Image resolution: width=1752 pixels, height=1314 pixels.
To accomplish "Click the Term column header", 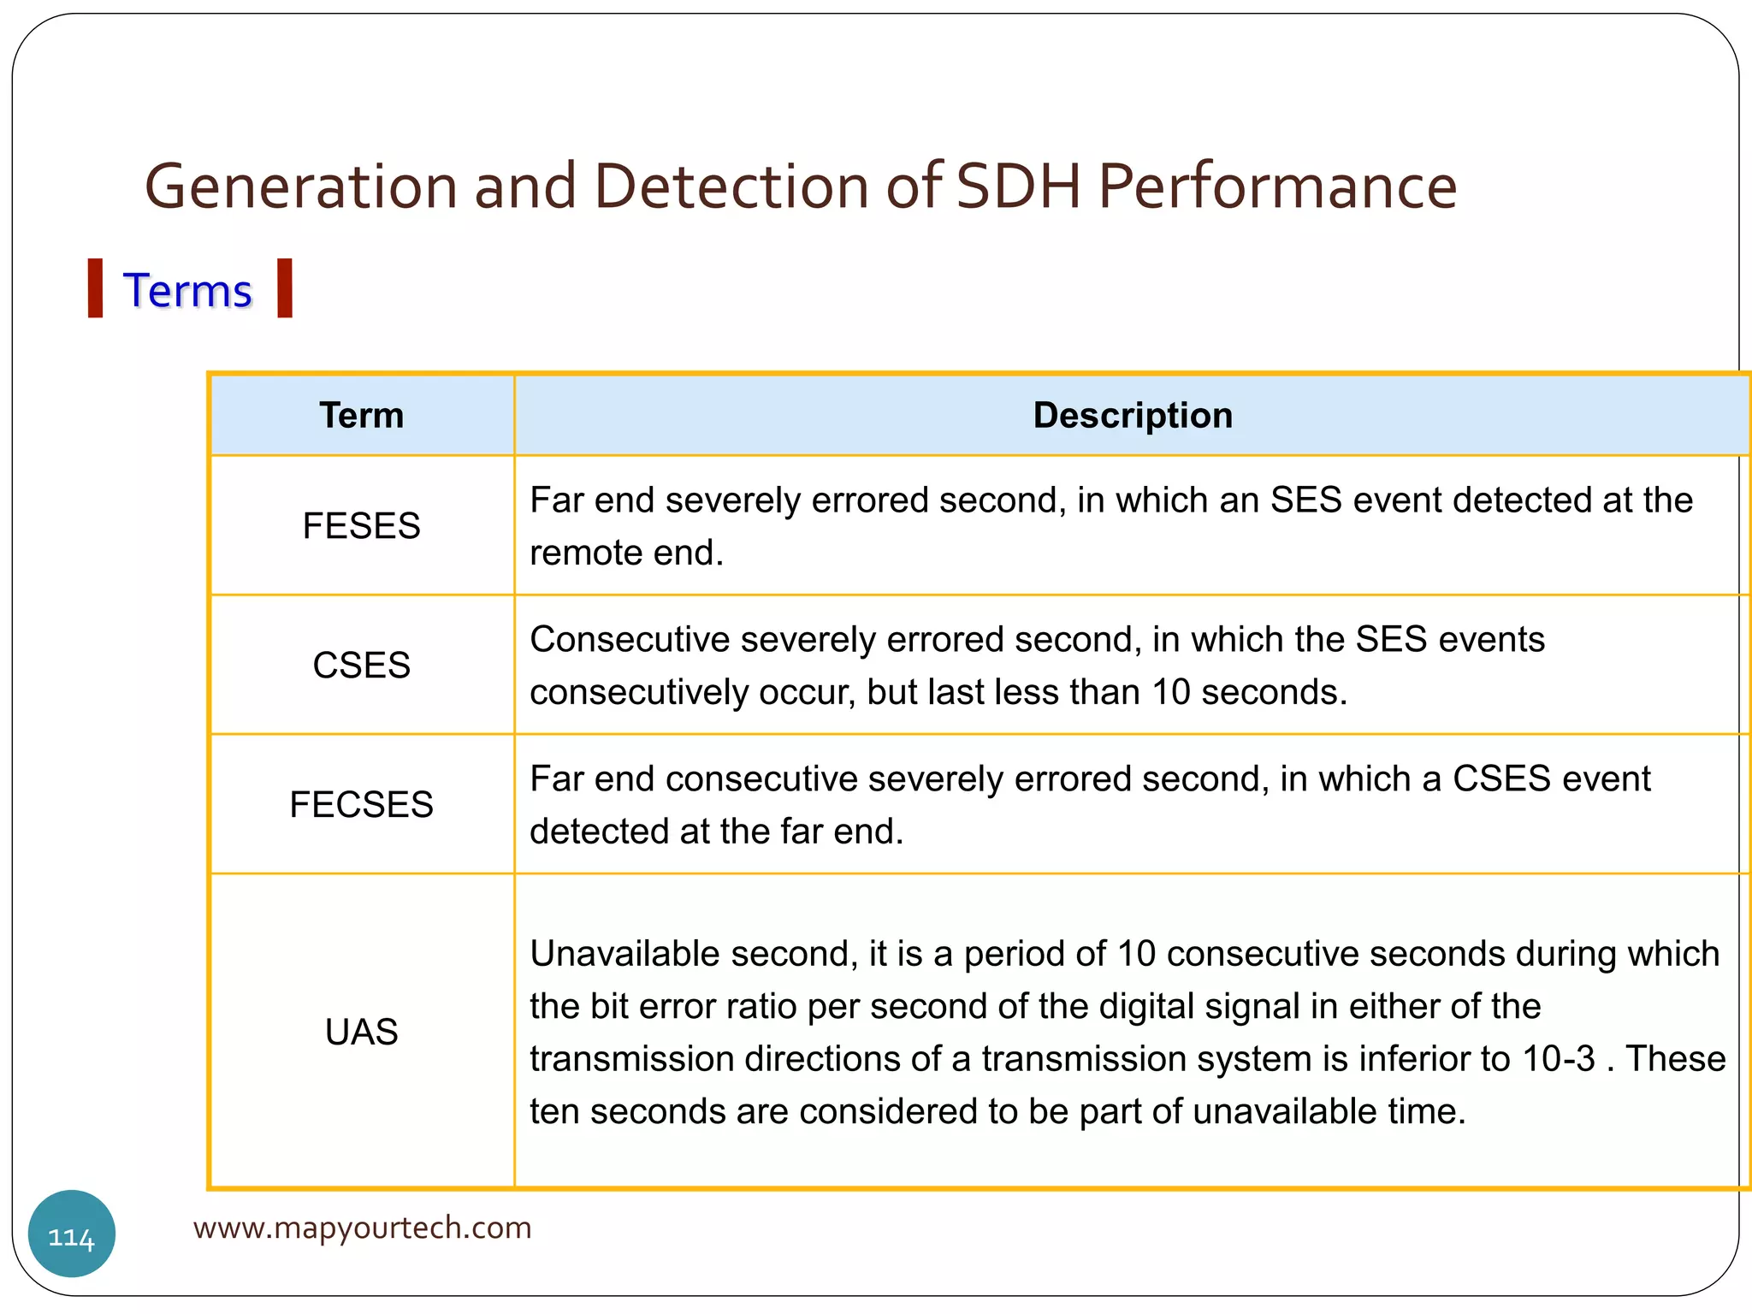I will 361,416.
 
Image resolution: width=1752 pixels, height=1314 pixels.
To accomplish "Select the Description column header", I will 1132,416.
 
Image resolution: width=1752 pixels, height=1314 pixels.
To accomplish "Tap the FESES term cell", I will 361,525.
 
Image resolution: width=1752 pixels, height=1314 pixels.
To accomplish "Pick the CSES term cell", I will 361,665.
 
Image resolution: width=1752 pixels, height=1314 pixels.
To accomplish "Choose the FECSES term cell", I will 361,804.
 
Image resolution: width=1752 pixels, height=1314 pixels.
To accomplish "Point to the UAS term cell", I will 361,1032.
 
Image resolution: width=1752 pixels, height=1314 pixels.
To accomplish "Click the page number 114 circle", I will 72,1234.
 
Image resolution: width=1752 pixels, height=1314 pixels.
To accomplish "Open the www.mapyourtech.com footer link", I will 362,1228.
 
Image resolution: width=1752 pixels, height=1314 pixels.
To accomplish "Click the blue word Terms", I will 187,291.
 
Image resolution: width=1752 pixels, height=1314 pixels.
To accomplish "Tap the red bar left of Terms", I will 96,288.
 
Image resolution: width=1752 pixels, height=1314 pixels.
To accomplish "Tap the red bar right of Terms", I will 285,288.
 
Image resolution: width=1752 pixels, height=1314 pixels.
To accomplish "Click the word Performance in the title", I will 1277,186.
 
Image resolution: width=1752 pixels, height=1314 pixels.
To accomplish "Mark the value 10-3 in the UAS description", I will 1559,1059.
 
